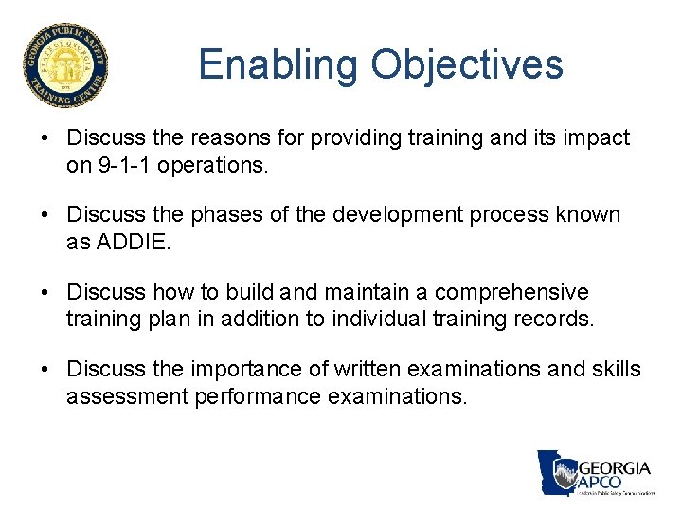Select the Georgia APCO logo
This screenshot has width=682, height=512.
[x=596, y=472]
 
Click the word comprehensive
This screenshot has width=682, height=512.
[x=511, y=292]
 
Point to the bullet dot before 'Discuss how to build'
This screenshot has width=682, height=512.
[x=45, y=293]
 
